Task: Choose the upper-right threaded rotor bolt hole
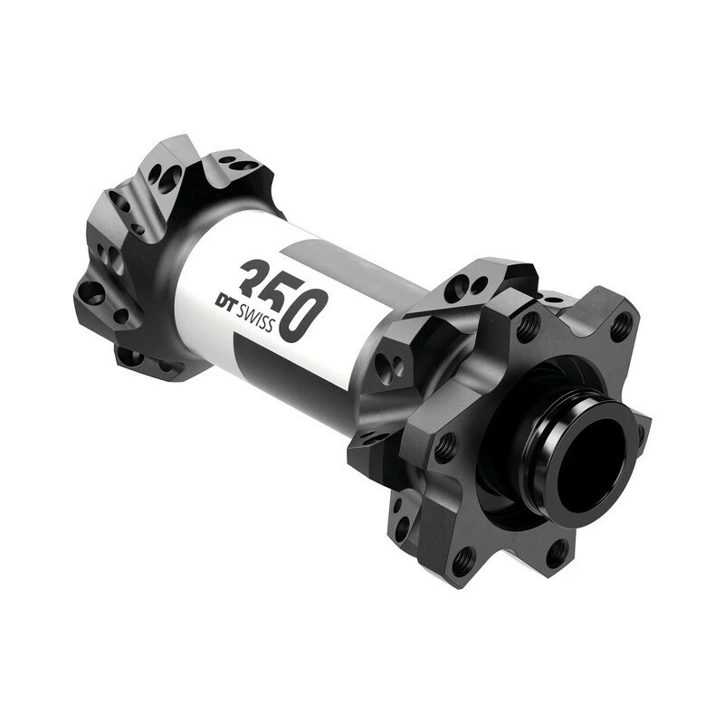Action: tap(621, 327)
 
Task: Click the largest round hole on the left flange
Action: tap(91, 292)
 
